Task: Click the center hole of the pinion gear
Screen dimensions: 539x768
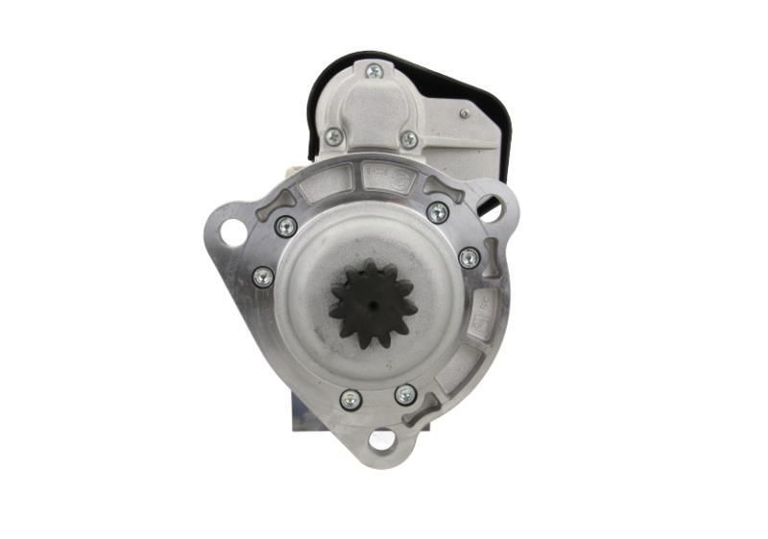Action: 372,305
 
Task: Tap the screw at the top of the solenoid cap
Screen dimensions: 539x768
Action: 373,71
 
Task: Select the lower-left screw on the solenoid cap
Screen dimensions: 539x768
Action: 333,137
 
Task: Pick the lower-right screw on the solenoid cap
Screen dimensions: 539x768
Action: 409,139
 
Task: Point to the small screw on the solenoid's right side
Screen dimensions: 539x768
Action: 464,113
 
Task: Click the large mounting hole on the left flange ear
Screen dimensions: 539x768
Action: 232,232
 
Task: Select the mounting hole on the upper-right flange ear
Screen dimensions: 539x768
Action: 492,207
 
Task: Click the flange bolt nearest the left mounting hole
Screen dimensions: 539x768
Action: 285,227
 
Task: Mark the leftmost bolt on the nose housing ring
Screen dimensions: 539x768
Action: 262,277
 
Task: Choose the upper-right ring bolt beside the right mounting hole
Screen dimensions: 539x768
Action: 438,212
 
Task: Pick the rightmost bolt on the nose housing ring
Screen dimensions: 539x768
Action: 468,257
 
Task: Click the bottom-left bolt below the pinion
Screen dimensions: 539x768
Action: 350,399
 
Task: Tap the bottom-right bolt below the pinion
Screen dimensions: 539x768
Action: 405,395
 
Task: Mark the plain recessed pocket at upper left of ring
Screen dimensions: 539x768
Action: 326,182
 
